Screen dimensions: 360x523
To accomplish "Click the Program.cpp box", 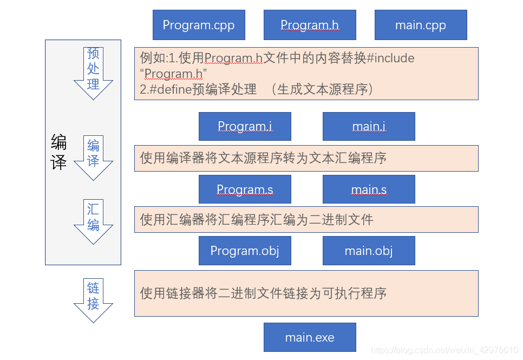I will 199,25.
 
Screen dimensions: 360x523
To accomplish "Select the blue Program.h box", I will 310,25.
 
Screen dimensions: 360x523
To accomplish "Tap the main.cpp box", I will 421,25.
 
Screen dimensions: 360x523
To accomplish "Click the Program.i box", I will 245,126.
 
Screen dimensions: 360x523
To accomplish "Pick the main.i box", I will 369,126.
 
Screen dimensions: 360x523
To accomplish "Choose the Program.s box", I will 245,189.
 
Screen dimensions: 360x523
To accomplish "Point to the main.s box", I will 369,189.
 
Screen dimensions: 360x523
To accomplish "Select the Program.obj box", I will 245,251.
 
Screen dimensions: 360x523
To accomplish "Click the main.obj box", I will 369,251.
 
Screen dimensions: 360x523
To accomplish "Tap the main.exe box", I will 310,337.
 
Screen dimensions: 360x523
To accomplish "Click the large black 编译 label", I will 58,153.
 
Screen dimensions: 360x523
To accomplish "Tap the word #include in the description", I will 390,58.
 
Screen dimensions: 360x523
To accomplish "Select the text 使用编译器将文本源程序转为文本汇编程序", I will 263,158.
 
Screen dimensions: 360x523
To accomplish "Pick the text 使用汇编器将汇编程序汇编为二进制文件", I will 257,219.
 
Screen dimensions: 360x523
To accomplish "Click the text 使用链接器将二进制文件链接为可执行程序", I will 263,293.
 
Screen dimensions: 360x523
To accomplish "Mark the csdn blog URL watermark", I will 444,351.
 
